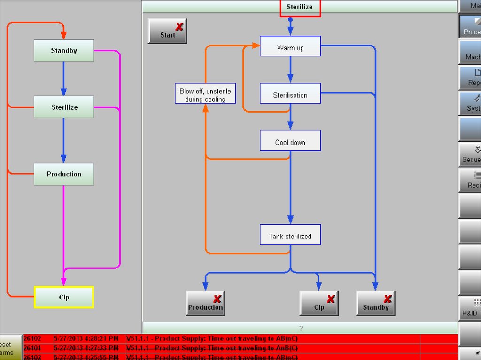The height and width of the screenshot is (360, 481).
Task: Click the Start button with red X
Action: pyautogui.click(x=167, y=31)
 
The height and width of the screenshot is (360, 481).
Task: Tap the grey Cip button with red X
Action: pyautogui.click(x=319, y=303)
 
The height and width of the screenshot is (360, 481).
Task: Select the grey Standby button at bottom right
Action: pyautogui.click(x=375, y=303)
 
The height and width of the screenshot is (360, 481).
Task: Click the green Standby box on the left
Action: pyautogui.click(x=64, y=51)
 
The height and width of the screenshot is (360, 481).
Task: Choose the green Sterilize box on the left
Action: pyautogui.click(x=64, y=107)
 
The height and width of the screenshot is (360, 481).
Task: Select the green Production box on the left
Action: pyautogui.click(x=64, y=174)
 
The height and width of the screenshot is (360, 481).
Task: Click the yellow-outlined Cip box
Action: pyautogui.click(x=64, y=297)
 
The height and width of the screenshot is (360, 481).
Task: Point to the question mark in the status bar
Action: pyautogui.click(x=300, y=328)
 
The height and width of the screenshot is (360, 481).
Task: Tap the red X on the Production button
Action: pyautogui.click(x=217, y=299)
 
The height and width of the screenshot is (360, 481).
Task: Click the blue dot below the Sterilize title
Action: pyautogui.click(x=290, y=20)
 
